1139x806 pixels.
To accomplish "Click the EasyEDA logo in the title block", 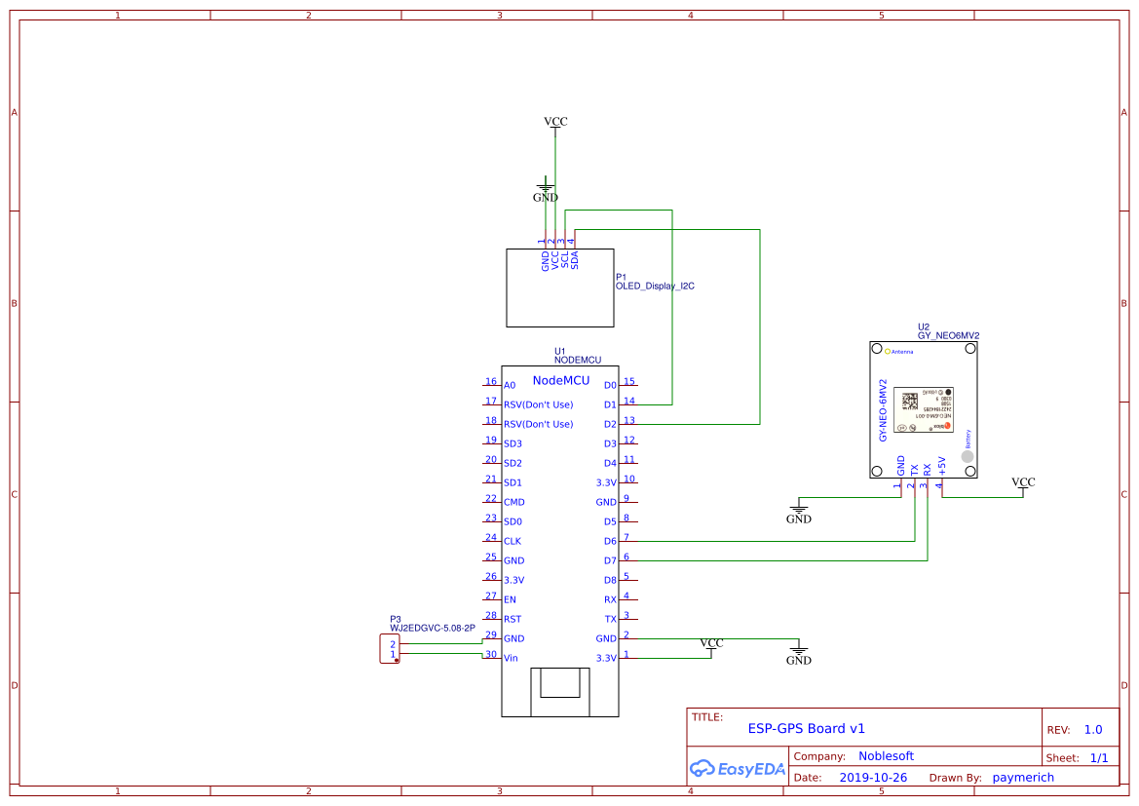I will [737, 768].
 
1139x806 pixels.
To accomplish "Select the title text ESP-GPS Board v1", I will [806, 728].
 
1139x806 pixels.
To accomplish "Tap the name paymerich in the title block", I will [1023, 778].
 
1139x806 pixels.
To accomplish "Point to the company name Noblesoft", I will [886, 755].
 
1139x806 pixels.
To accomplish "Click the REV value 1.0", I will [1093, 729].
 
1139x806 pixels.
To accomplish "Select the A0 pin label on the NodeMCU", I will [510, 386].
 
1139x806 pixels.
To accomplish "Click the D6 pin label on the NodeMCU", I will [610, 541].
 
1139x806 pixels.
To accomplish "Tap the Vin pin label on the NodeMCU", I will [511, 659].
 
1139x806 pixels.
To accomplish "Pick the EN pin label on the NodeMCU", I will [510, 600].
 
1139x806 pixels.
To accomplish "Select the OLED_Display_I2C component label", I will [655, 287].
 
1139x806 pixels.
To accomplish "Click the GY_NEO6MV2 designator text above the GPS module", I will [948, 335].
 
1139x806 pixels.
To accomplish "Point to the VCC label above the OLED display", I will [555, 122].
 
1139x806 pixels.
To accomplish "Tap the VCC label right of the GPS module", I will [1023, 482].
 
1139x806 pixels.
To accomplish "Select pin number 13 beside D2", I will [629, 420].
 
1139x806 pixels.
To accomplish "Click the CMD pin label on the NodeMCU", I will [513, 503].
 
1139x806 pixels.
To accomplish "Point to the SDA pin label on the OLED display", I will [575, 260].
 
